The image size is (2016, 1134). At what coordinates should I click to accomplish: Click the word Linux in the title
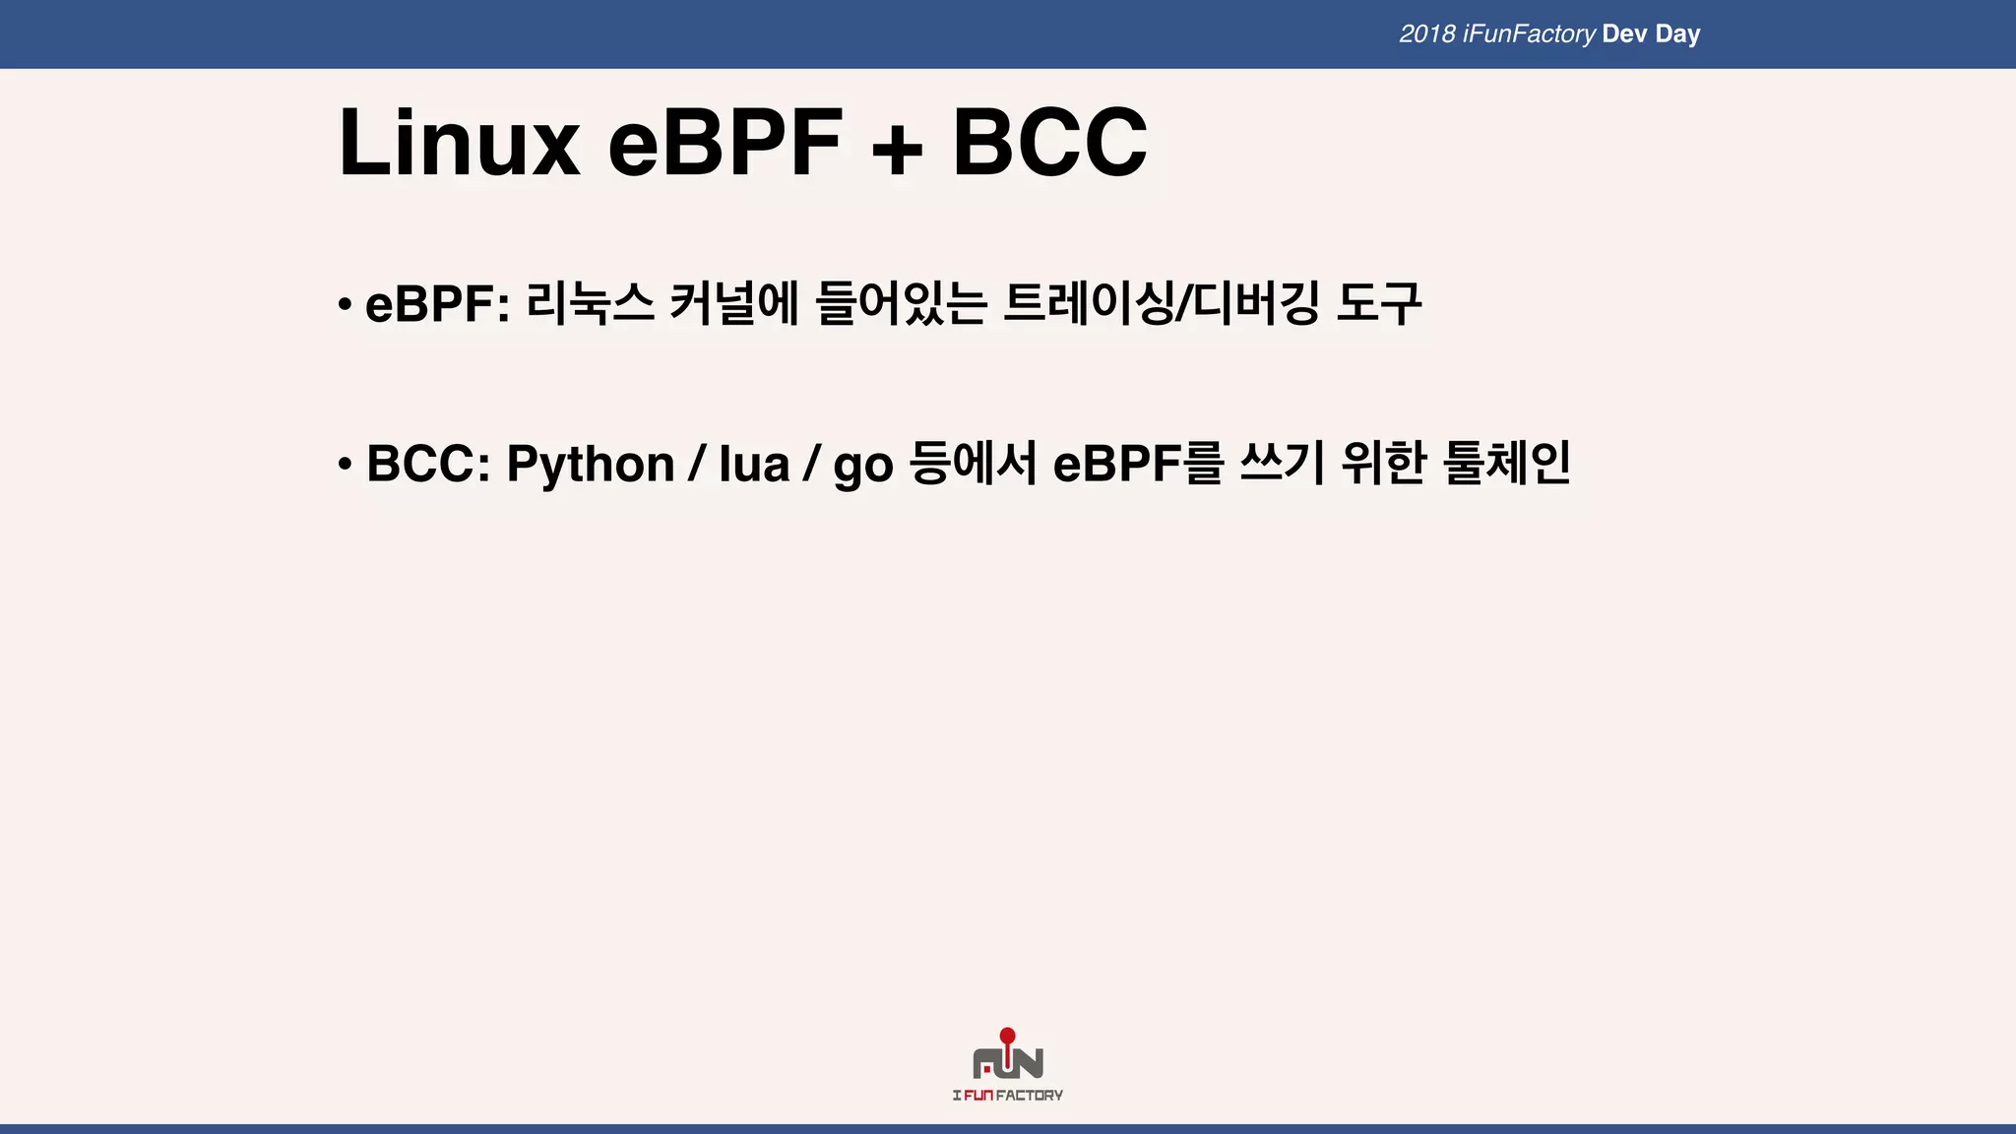(x=459, y=144)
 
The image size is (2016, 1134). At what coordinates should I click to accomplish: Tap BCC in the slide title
(x=1049, y=144)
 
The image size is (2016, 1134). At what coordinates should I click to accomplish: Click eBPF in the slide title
(x=725, y=144)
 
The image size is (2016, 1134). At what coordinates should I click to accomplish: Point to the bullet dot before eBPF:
(x=344, y=303)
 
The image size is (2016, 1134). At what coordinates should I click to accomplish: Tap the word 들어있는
(x=902, y=302)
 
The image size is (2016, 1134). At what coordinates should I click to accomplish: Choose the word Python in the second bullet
(x=591, y=464)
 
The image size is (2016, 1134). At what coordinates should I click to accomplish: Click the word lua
(x=754, y=464)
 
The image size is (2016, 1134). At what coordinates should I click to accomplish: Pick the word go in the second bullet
(x=863, y=466)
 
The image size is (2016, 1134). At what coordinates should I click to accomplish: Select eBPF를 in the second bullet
(x=1138, y=464)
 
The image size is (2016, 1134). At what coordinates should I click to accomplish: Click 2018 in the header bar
(x=1427, y=34)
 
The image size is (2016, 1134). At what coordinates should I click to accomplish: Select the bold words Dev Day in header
(x=1651, y=34)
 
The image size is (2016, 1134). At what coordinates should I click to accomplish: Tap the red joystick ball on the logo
(x=1007, y=1036)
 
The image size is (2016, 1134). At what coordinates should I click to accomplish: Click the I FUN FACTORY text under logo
(x=1007, y=1096)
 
